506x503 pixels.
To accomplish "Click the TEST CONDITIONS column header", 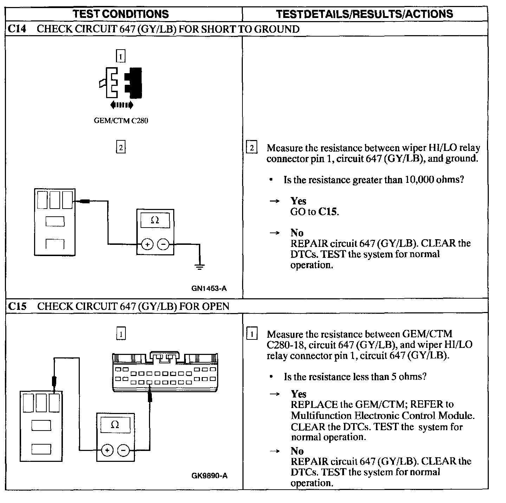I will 121,14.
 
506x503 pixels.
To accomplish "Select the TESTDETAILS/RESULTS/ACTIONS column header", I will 364,14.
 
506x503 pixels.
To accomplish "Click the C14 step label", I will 17,29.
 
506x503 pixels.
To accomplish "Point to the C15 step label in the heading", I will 17,306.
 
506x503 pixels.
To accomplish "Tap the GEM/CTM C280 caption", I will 121,121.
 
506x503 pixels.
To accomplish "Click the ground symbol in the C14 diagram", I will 200,266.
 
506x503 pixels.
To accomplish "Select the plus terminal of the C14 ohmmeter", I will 147,244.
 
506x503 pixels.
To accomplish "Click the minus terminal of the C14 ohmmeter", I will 163,244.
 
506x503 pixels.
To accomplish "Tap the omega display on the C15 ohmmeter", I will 115,425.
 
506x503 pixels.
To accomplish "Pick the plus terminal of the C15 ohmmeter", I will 108,450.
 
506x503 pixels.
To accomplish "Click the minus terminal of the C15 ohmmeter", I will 123,450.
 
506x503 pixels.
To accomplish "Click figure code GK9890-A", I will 209,476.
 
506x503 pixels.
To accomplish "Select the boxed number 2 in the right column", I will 252,147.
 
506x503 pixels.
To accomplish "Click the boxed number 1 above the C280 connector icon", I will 121,56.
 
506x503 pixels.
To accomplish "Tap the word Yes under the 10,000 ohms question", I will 298,201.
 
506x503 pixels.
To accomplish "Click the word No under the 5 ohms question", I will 297,451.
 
